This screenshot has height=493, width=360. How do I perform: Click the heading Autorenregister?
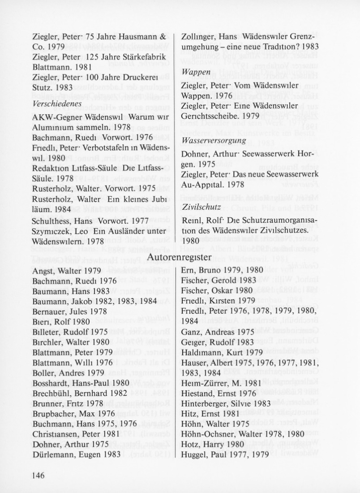pos(180,256)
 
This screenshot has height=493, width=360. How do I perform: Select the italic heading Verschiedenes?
pos(55,103)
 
